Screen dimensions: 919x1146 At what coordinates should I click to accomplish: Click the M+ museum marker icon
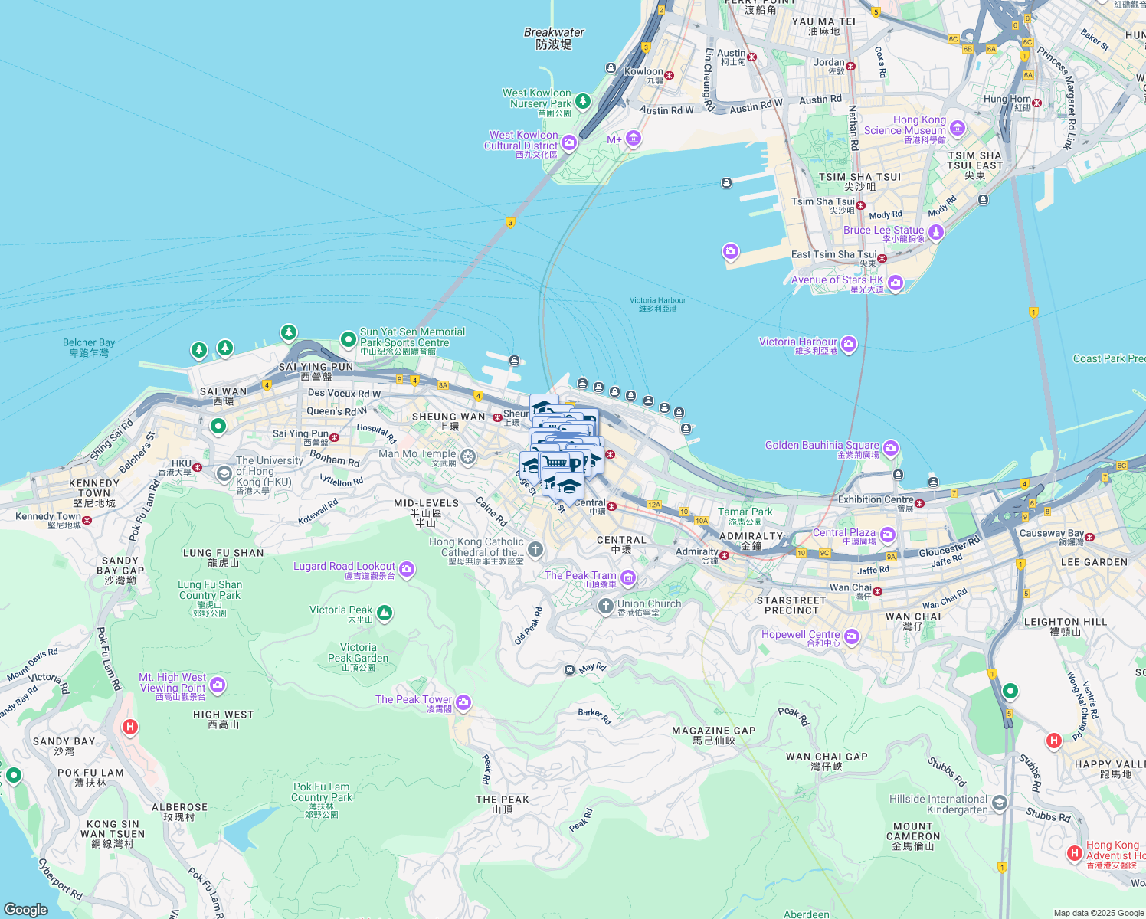[x=633, y=139]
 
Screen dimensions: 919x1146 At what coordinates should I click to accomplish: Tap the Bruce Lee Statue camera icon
[x=935, y=231]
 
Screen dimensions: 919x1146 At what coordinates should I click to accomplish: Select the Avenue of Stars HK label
[x=837, y=280]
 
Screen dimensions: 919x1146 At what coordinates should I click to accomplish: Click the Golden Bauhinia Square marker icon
[x=890, y=447]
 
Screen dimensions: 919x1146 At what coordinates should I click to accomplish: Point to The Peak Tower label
[x=414, y=699]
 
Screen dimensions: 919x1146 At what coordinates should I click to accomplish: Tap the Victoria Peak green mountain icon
[x=385, y=612]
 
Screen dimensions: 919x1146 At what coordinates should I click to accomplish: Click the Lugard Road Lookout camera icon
[x=407, y=568]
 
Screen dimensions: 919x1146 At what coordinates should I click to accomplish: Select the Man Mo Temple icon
[x=468, y=457]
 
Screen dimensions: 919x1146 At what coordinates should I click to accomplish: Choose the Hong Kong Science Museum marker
[x=957, y=131]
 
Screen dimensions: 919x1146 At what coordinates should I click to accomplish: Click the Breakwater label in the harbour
[x=554, y=32]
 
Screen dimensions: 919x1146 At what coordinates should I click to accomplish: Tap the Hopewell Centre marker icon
[x=852, y=636]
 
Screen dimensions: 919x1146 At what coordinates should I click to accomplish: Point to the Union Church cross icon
[x=606, y=607]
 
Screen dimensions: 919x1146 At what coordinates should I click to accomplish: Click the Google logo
[x=26, y=909]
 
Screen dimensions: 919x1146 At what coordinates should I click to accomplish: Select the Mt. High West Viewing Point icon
[x=218, y=684]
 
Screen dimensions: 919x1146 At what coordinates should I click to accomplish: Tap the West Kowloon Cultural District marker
[x=569, y=142]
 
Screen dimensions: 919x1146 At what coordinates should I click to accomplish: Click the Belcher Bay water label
[x=89, y=343]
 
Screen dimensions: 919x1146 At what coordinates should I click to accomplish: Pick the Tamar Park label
[x=745, y=512]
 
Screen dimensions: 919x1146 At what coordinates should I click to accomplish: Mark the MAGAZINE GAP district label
[x=714, y=731]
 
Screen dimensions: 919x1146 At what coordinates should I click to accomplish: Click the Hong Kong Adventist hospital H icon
[x=1075, y=852]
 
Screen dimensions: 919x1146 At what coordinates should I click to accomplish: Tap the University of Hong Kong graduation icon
[x=224, y=473]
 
